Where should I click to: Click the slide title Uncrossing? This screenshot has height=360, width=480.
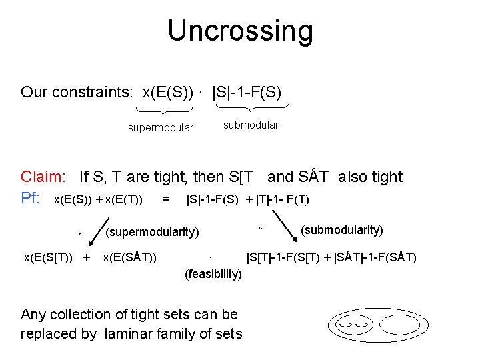[x=240, y=31]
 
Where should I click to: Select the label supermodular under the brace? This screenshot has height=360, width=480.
[x=161, y=128]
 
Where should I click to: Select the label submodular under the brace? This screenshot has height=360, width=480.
[x=251, y=125]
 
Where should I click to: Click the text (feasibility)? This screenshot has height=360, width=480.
[x=213, y=274]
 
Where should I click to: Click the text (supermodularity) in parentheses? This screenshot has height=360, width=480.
[x=153, y=232]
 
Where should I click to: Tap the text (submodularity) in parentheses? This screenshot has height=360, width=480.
[x=342, y=230]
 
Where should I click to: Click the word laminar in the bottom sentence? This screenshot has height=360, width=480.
[x=127, y=333]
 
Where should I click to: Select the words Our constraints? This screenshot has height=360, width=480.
[x=76, y=92]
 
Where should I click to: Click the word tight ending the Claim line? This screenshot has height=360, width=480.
[x=387, y=177]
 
